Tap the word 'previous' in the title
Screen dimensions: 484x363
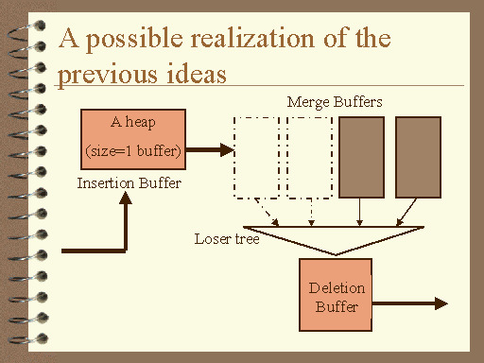pyautogui.click(x=108, y=76)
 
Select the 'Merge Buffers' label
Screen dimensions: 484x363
pyautogui.click(x=335, y=102)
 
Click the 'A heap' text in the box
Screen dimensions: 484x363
pyautogui.click(x=133, y=122)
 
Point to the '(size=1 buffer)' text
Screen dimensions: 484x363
pyautogui.click(x=133, y=151)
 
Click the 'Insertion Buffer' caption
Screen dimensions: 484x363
pyautogui.click(x=130, y=183)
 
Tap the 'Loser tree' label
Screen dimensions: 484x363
pyautogui.click(x=227, y=239)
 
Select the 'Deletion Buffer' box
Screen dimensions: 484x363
pyautogui.click(x=336, y=295)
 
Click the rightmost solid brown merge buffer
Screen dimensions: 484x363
pyautogui.click(x=418, y=157)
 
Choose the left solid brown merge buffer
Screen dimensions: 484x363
pyautogui.click(x=361, y=157)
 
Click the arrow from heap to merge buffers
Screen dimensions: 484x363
pyautogui.click(x=210, y=150)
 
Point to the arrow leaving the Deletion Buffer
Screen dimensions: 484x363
pyautogui.click(x=410, y=303)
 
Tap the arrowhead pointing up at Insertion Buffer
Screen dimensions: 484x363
pyautogui.click(x=126, y=199)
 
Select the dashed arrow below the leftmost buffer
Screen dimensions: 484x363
pyautogui.click(x=267, y=212)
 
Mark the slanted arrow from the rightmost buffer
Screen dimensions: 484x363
pyautogui.click(x=406, y=212)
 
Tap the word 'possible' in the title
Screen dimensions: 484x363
pyautogui.click(x=134, y=40)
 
